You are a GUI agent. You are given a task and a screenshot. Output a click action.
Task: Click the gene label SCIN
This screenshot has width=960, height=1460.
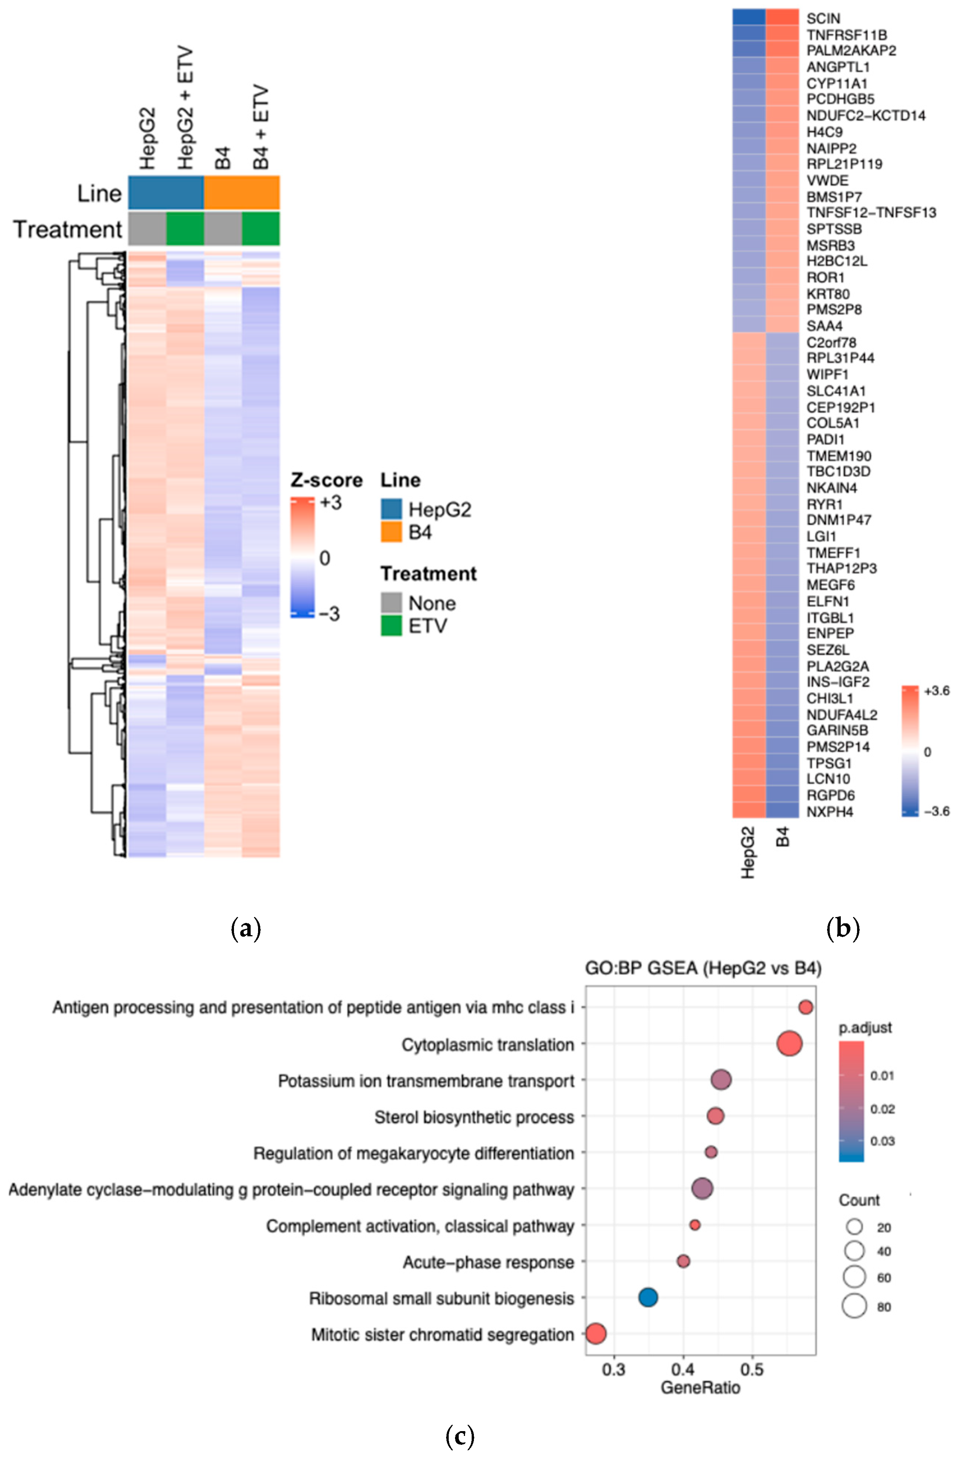pyautogui.click(x=823, y=19)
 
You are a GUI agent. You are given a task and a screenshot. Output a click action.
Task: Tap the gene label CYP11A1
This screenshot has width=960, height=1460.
pyautogui.click(x=837, y=83)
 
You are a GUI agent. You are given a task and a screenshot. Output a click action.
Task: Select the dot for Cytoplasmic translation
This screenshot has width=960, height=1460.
pyautogui.click(x=789, y=1043)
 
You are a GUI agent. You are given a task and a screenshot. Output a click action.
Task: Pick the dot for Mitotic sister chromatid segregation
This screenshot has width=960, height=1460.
pyautogui.click(x=596, y=1333)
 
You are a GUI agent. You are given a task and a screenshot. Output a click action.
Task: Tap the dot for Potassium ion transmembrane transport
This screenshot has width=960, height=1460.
pyautogui.click(x=721, y=1080)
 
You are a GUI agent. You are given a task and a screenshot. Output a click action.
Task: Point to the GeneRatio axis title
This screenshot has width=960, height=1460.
pyautogui.click(x=700, y=1388)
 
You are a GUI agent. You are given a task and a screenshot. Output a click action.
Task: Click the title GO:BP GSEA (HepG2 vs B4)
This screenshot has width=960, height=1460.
pyautogui.click(x=703, y=968)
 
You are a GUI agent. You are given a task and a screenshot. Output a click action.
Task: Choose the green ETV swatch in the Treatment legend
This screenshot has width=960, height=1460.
pyautogui.click(x=391, y=626)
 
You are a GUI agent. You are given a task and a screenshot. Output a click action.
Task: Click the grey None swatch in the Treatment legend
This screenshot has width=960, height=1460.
pyautogui.click(x=391, y=602)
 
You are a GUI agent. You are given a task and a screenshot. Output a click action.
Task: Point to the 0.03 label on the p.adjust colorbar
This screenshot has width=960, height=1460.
pyautogui.click(x=882, y=1141)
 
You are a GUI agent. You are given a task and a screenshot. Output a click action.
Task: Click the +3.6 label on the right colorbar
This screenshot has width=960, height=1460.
pyautogui.click(x=936, y=691)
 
